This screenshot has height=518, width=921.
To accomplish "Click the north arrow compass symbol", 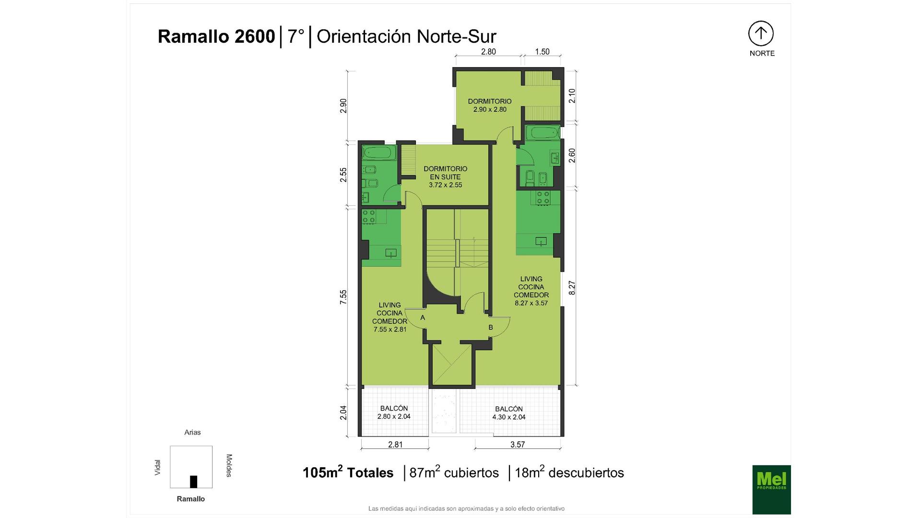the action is [761, 34].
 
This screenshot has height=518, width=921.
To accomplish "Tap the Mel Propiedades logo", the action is [771, 489].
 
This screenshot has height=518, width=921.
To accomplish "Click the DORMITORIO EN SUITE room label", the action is [445, 177].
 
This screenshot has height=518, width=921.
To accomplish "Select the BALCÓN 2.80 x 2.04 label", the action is [394, 412].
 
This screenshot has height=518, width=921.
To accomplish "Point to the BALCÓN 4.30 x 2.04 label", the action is [509, 413].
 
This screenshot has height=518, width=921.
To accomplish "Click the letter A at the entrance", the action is [423, 318].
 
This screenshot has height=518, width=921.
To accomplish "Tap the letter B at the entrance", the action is [491, 328].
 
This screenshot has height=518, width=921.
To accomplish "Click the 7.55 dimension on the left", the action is [343, 297].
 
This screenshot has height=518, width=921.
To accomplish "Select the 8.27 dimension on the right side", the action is [572, 288].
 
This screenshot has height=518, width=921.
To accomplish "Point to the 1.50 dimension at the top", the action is [542, 52].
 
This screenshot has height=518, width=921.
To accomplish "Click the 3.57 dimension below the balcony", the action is [518, 445].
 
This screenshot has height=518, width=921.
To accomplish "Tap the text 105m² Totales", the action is [348, 472].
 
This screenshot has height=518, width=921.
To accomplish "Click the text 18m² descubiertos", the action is [569, 472].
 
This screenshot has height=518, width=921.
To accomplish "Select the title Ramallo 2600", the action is [216, 36].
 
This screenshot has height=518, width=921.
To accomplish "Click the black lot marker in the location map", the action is [193, 482].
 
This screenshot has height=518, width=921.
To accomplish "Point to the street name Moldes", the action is [229, 465].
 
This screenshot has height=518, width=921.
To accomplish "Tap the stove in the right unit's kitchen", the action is [543, 198].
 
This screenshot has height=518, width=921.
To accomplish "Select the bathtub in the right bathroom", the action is [543, 132].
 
